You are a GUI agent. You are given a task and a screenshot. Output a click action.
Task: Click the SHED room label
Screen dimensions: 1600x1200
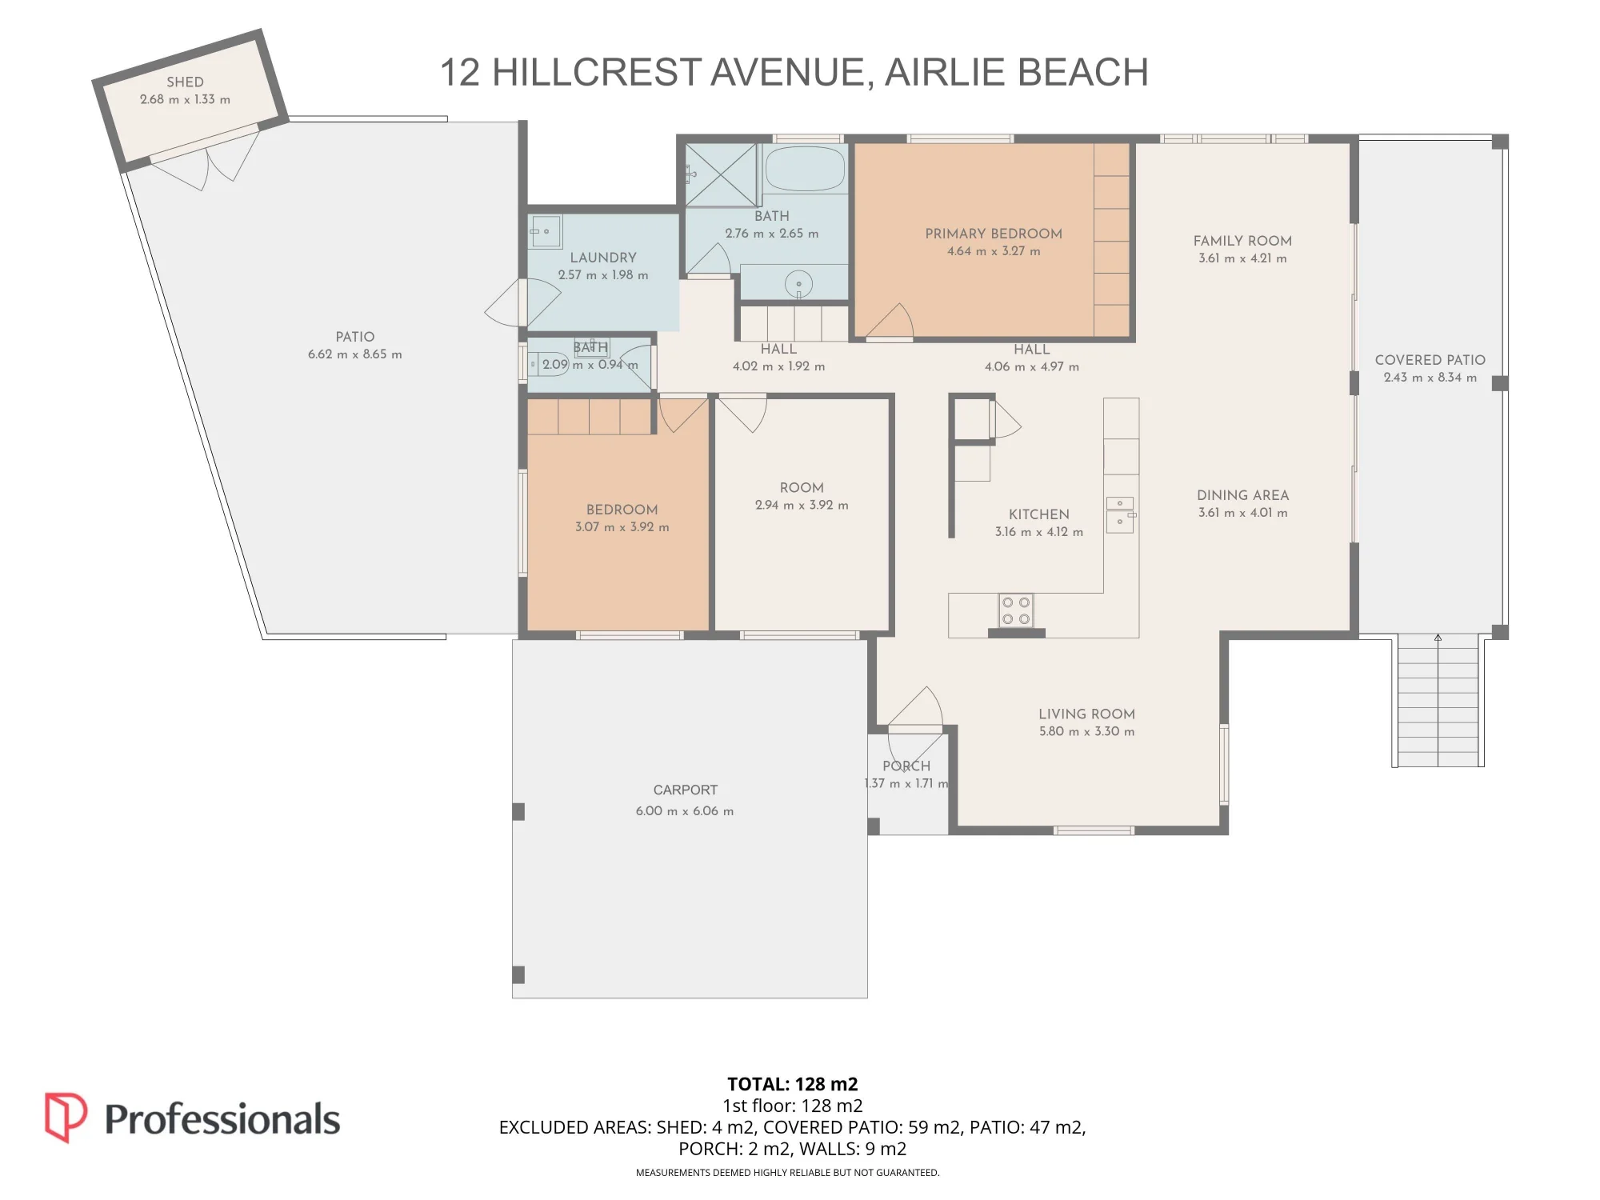coord(185,82)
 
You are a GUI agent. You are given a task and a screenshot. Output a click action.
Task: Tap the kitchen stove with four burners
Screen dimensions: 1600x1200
coord(1016,610)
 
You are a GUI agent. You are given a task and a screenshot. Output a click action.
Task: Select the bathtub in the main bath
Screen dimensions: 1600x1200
coord(805,168)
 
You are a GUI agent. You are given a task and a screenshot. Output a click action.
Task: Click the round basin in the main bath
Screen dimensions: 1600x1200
coord(798,284)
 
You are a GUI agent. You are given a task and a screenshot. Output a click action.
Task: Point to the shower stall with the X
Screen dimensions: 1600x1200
coord(721,174)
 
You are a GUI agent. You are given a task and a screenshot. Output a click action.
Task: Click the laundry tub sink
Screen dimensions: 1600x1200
coord(546,232)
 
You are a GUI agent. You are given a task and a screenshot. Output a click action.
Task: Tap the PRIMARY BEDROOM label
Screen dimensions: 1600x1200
coord(994,234)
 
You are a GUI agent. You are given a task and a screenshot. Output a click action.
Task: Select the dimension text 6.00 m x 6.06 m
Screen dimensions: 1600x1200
coord(685,811)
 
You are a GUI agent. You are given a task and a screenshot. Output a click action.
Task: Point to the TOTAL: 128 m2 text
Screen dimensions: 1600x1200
coord(793,1084)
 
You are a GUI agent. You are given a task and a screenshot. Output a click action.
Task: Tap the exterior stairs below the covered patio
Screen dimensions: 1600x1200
coord(1438,700)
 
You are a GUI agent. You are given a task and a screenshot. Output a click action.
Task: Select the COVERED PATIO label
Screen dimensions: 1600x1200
coord(1430,360)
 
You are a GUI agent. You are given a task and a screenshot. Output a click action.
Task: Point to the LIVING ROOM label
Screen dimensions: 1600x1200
coord(1086,714)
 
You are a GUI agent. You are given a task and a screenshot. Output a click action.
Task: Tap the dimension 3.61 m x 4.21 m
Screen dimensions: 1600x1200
coord(1242,258)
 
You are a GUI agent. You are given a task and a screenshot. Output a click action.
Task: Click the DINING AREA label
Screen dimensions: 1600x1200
coord(1242,495)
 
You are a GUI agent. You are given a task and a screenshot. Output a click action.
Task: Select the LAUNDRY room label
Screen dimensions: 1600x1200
coord(603,258)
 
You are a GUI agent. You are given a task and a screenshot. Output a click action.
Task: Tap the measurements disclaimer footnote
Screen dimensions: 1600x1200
coord(787,1173)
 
